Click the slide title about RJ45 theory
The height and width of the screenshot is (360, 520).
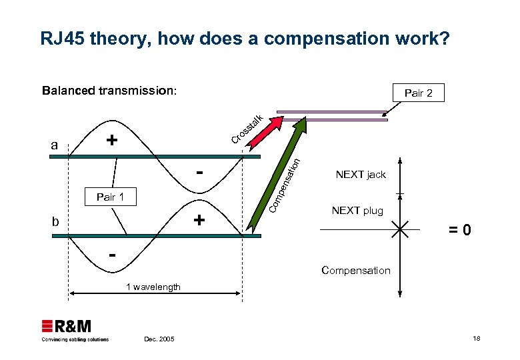(245, 39)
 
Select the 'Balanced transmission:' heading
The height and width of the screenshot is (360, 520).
(109, 91)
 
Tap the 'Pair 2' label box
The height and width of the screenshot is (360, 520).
(418, 93)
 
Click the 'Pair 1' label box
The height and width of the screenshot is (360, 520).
(111, 197)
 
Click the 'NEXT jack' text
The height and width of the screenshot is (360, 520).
(361, 175)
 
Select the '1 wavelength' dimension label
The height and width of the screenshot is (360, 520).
(153, 287)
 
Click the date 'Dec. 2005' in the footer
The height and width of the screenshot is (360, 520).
(159, 339)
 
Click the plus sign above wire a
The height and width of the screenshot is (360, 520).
(112, 141)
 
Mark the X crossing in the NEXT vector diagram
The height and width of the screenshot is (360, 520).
(400, 231)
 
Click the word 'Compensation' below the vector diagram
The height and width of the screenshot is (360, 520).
(355, 270)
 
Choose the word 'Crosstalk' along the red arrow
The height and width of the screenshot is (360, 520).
(247, 129)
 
